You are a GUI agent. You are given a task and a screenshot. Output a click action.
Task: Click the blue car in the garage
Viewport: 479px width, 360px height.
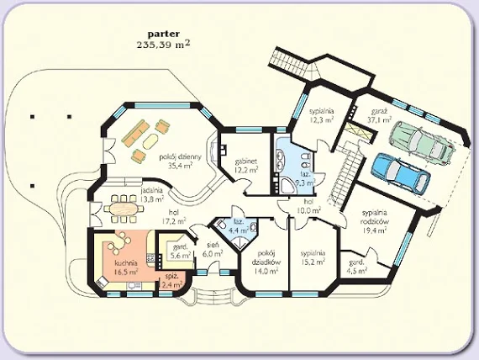401,173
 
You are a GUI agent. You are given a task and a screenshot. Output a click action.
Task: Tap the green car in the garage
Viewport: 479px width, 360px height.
422,142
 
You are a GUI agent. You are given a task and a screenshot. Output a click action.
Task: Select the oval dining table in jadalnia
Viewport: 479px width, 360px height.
124,209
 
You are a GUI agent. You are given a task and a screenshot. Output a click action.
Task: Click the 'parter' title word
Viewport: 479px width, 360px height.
164,34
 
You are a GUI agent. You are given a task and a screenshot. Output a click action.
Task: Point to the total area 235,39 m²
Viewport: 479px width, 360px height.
163,45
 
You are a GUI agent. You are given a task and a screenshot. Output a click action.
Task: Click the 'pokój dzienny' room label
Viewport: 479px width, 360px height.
180,157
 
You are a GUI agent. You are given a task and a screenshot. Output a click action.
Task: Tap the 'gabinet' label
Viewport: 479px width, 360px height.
246,161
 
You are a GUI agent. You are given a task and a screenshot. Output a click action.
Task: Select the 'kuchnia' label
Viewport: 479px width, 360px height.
126,262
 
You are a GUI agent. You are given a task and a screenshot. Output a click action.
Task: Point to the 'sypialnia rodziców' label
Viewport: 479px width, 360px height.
374,217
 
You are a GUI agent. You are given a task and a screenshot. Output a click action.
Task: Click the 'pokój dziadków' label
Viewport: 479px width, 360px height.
266,258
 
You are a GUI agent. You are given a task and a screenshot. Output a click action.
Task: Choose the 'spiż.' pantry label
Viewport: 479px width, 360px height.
171,276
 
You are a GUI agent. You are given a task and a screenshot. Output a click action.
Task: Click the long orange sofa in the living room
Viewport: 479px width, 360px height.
135,132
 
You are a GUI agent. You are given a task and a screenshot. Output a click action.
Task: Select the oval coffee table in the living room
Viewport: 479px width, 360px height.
151,141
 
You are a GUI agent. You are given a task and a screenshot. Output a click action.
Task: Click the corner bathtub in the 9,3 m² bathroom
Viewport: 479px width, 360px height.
287,184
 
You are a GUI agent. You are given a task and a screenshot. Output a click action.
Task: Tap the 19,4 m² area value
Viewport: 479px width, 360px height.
375,230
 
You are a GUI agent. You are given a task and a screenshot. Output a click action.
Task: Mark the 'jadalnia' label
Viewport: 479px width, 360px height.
152,191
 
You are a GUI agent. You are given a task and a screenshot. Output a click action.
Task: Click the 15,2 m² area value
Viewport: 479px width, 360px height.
313,262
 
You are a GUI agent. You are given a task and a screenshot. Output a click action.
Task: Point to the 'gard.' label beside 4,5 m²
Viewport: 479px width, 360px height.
356,262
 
